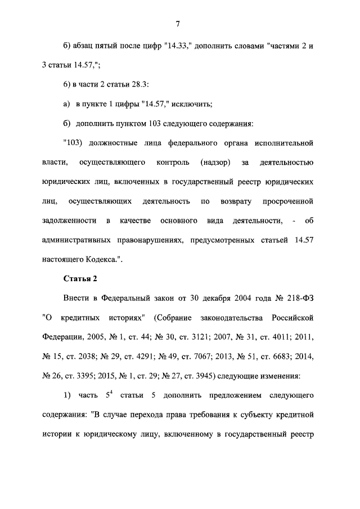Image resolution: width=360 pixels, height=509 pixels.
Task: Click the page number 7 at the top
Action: tap(177, 23)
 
